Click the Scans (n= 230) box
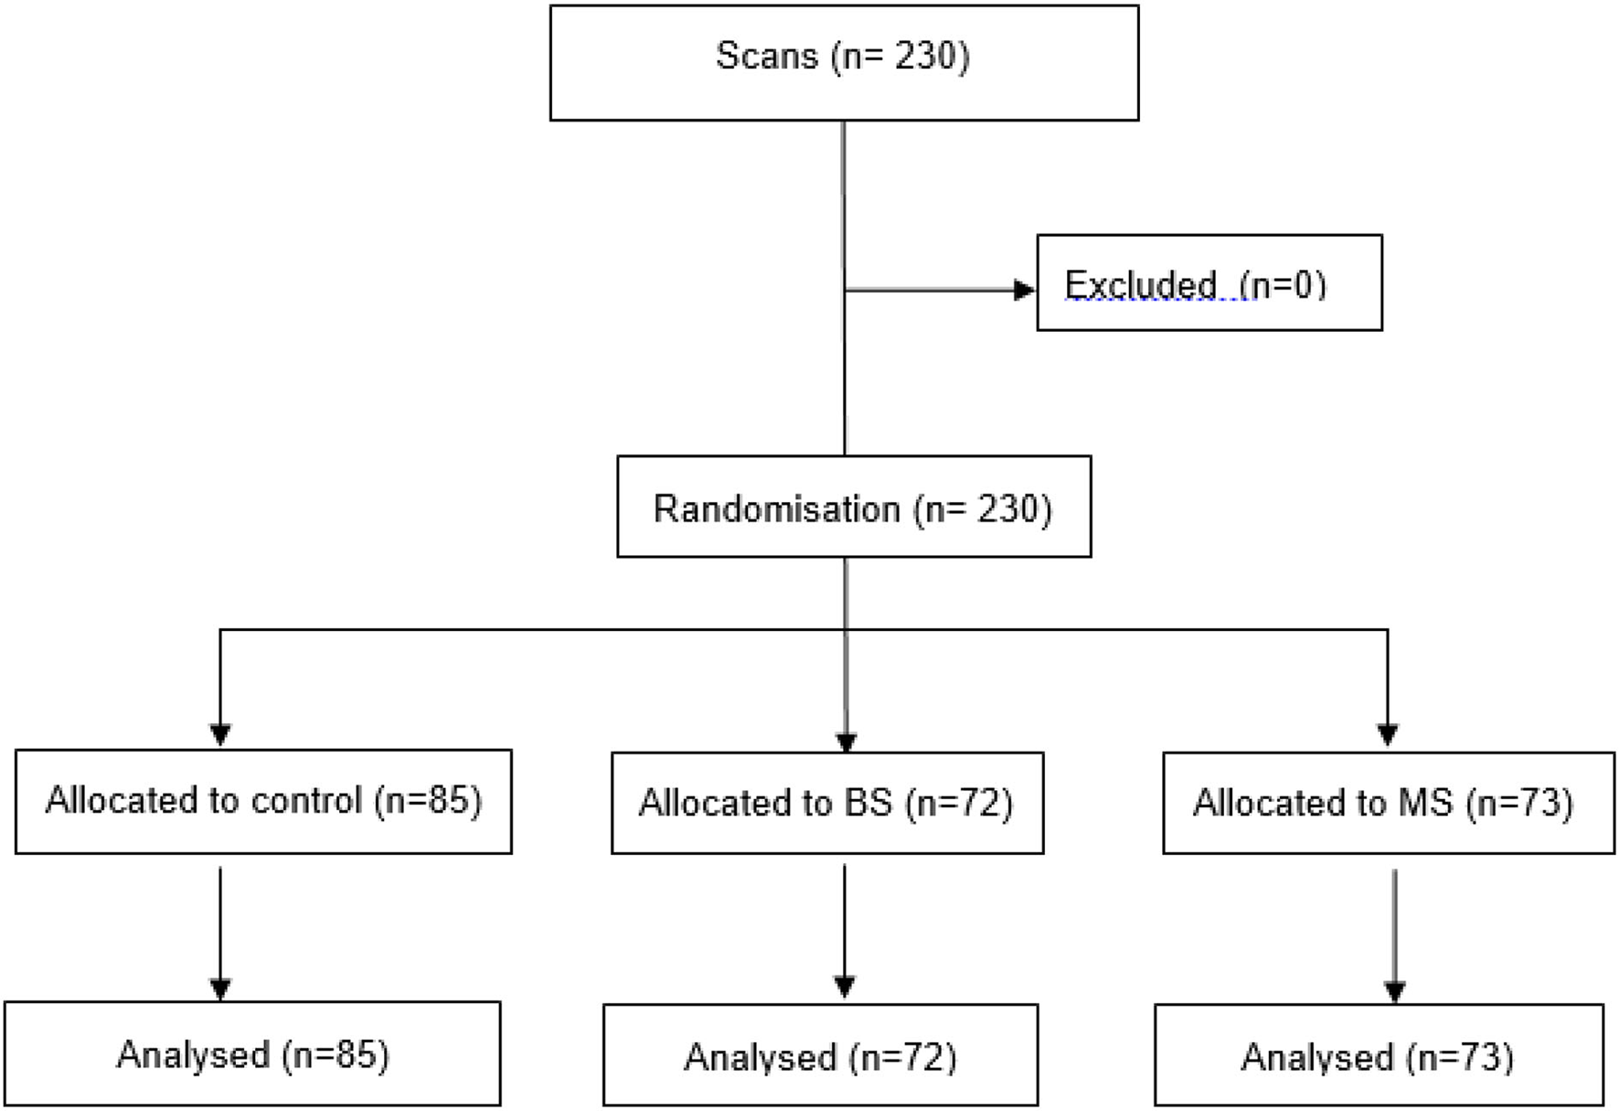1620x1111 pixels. [844, 62]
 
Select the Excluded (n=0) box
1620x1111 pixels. [1209, 283]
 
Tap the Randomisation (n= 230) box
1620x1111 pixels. [853, 507]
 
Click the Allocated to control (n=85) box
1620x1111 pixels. [263, 802]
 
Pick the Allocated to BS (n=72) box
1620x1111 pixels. [826, 804]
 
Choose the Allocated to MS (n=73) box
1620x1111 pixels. [1388, 804]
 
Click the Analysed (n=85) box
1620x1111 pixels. [252, 1054]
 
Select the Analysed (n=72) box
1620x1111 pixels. [820, 1056]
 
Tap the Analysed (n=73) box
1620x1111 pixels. [1378, 1056]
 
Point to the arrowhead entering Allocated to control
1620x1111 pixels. [220, 735]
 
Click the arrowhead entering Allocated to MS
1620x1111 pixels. [1388, 735]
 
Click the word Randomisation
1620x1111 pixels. [776, 508]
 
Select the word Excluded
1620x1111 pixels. [1140, 285]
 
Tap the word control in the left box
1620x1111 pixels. [306, 800]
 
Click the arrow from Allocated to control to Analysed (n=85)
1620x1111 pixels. [220, 928]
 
